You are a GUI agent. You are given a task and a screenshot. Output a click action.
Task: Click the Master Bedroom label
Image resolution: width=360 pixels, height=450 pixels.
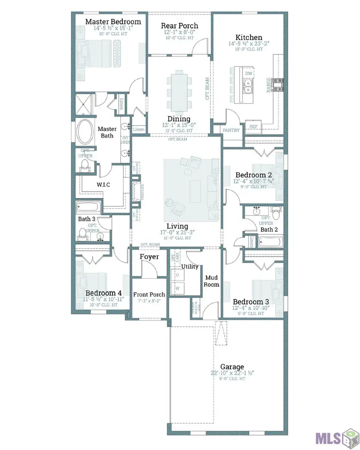113,22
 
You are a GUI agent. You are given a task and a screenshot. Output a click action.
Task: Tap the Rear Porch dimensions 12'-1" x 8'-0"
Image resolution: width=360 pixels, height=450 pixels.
180,32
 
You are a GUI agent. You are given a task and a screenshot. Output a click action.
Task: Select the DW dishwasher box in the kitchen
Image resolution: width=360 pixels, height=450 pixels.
248,74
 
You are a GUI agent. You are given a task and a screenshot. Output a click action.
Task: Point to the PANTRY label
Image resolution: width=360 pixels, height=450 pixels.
231,130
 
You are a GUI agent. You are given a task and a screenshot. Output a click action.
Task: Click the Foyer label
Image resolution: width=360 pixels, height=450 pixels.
149,257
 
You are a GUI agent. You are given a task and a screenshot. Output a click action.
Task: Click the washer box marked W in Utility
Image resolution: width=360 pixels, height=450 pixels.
177,288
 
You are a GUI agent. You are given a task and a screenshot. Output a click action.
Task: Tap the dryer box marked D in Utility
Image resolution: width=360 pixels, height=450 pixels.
177,275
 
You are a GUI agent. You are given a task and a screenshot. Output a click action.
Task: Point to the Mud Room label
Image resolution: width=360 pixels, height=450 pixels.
212,281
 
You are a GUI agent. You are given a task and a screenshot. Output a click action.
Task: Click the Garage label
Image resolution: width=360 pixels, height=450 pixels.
232,367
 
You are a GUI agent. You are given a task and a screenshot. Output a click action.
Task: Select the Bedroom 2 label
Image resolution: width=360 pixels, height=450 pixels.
250,175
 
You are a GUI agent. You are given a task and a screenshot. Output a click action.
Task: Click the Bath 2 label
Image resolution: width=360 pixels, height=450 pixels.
269,229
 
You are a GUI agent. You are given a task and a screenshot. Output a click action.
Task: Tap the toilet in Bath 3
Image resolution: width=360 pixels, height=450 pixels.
83,233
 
